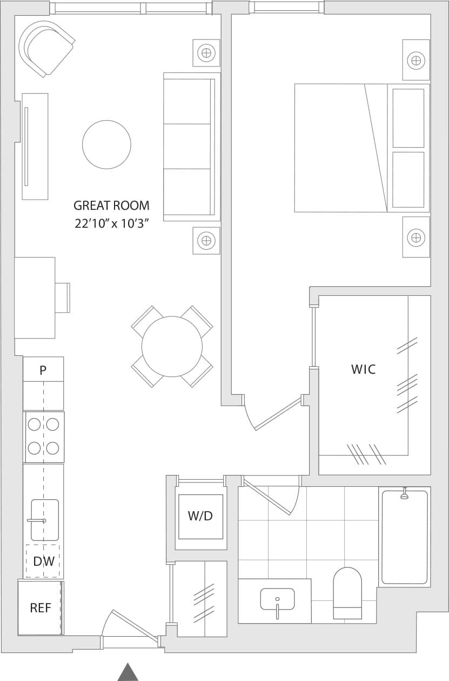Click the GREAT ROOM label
[x=111, y=206]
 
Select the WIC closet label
[x=363, y=369]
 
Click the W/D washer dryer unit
[x=200, y=516]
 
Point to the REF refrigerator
[x=40, y=608]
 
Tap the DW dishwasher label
[x=43, y=561]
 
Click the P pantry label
[x=43, y=371]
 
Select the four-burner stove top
[x=44, y=437]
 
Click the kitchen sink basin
[x=45, y=520]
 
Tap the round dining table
[x=172, y=346]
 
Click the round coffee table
[x=106, y=144]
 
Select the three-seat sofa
[x=190, y=147]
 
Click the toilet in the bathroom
[x=347, y=593]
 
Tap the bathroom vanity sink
[x=277, y=599]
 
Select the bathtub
[x=405, y=537]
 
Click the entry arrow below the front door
[x=128, y=672]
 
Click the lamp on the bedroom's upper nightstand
[x=416, y=60]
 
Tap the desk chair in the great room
[x=63, y=297]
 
